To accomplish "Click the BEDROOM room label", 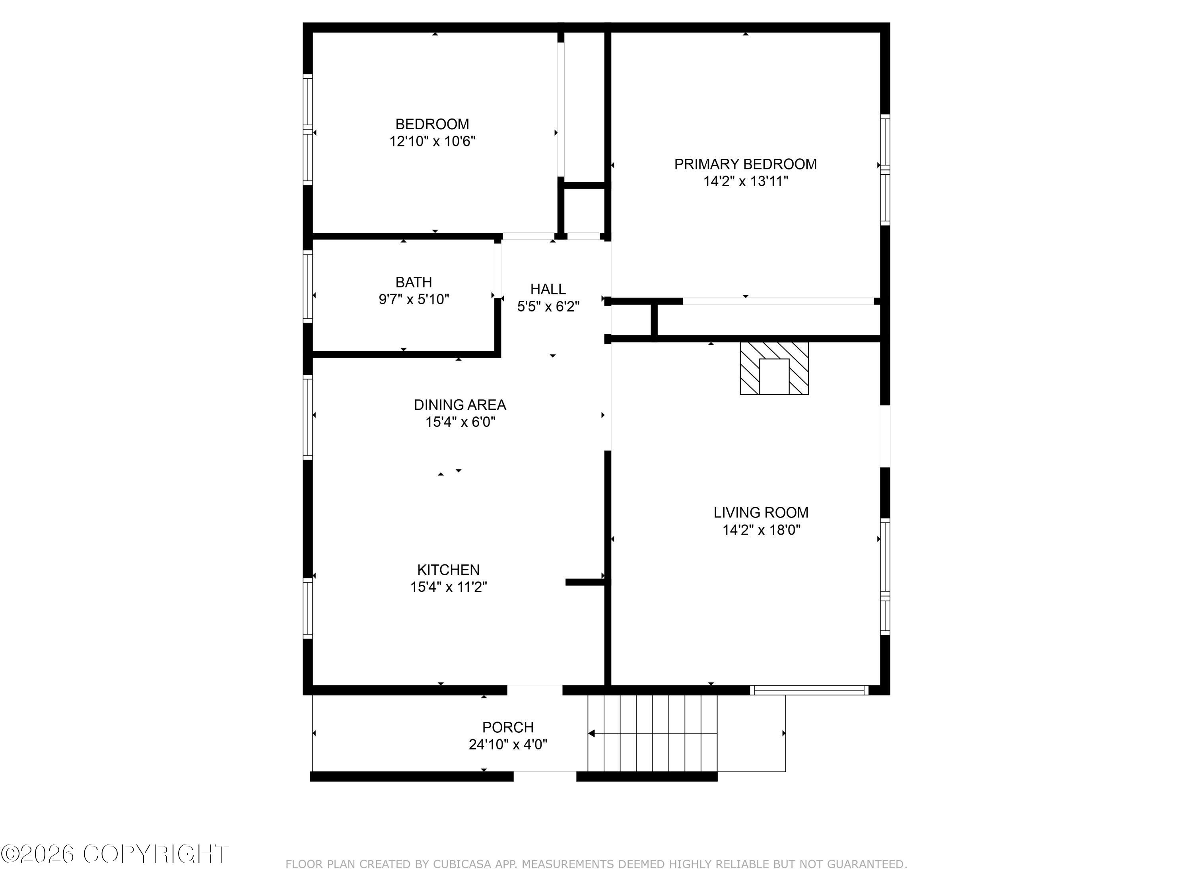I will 432,124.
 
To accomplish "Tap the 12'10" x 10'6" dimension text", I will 432,141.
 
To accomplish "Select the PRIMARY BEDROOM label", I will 745,164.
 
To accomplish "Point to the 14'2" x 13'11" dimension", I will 745,181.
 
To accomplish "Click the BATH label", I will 413,282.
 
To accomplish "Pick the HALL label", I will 548,289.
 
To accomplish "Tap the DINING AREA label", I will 460,405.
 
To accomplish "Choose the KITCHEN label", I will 448,570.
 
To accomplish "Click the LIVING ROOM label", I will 760,512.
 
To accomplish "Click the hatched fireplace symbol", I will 773,368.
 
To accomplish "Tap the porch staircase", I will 652,734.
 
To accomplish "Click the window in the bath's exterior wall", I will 307,286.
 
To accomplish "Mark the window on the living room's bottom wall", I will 808,690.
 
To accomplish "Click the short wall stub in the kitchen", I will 584,582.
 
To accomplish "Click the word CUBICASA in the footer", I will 462,864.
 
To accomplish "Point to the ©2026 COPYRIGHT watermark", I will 115,854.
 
